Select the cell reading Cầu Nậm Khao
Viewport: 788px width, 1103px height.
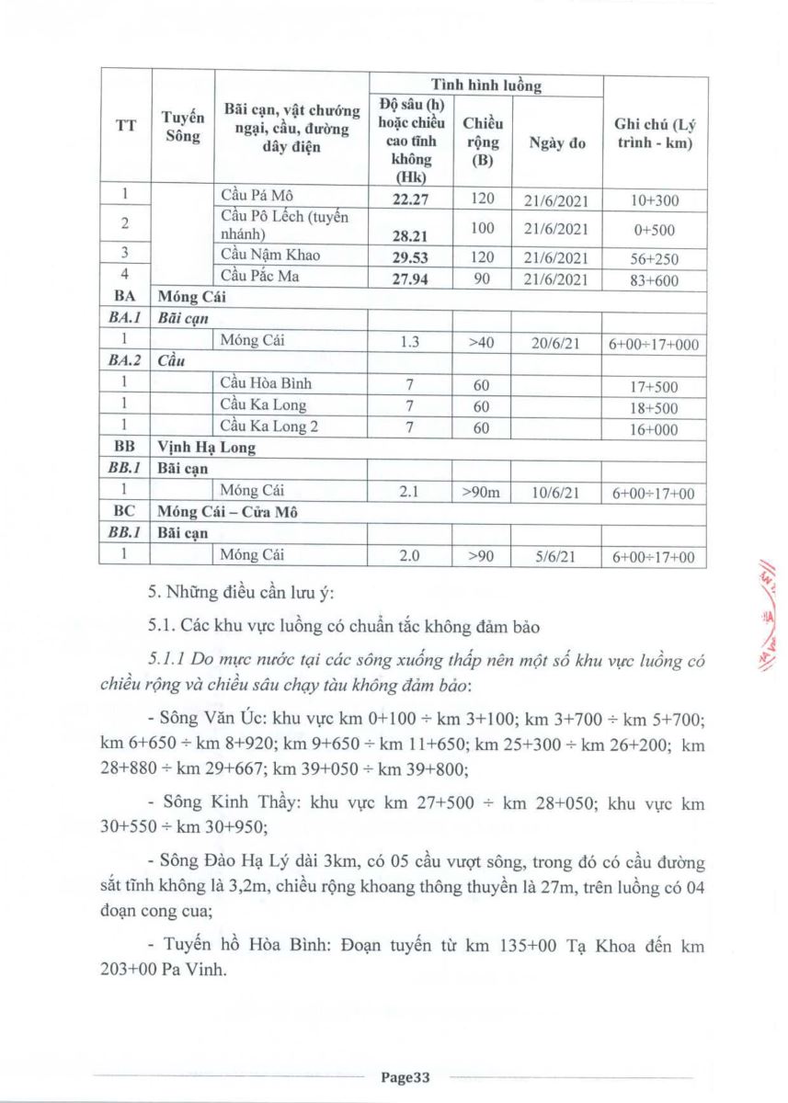pyautogui.click(x=270, y=255)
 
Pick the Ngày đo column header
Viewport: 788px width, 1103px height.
pyautogui.click(x=557, y=143)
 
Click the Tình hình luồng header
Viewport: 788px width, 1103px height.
pyautogui.click(x=486, y=85)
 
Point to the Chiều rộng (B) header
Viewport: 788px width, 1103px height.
pyautogui.click(x=483, y=143)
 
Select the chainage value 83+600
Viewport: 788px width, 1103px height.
pyautogui.click(x=654, y=280)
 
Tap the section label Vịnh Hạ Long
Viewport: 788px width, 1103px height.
pyautogui.click(x=207, y=448)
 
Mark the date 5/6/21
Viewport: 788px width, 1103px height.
pyautogui.click(x=555, y=556)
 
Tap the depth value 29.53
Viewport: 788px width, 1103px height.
pyautogui.click(x=410, y=256)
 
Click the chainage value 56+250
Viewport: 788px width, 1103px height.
pyautogui.click(x=654, y=259)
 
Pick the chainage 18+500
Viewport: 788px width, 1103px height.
pyautogui.click(x=654, y=407)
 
